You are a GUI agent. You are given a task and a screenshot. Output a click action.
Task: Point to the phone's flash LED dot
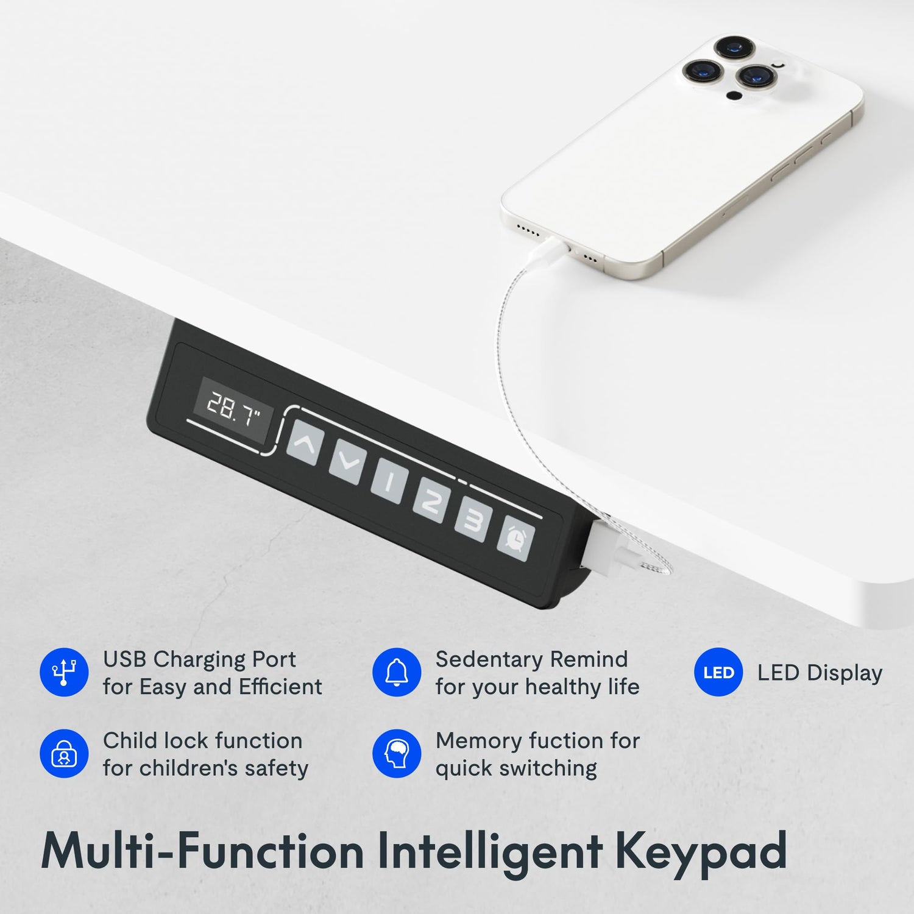coord(735,96)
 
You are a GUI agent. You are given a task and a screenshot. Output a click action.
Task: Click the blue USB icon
coord(63,672)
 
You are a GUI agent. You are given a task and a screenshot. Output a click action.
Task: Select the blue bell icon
coord(396,672)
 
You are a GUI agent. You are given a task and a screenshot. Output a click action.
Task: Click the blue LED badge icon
coord(718,672)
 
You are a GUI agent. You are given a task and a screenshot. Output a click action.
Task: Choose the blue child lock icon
coord(63,754)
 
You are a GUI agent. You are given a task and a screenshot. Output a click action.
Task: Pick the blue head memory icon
coord(396,754)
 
